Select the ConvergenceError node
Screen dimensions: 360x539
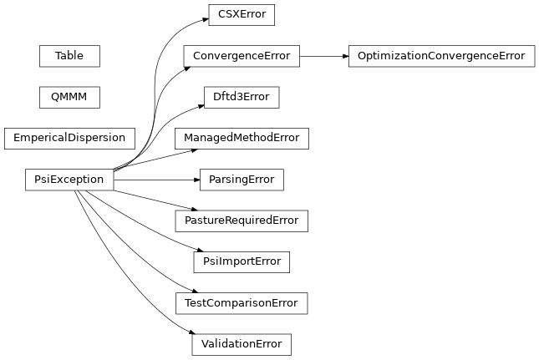coord(242,56)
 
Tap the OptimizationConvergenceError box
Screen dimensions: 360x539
coord(441,56)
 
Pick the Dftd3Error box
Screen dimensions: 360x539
coord(242,97)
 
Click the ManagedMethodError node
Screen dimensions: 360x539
coord(242,138)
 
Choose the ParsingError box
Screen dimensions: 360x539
coord(242,179)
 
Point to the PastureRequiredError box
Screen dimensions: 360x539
coord(242,221)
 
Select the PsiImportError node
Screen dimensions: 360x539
coord(242,261)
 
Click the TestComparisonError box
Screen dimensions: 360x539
coord(242,302)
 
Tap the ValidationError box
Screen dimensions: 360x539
coord(242,343)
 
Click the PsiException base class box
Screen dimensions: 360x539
coord(69,179)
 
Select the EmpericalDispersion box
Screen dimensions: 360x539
coord(69,138)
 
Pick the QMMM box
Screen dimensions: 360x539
coord(69,97)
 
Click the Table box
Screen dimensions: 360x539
coord(69,56)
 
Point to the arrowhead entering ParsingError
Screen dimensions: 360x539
coord(196,179)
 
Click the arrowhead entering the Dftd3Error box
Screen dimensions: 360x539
coord(200,104)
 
